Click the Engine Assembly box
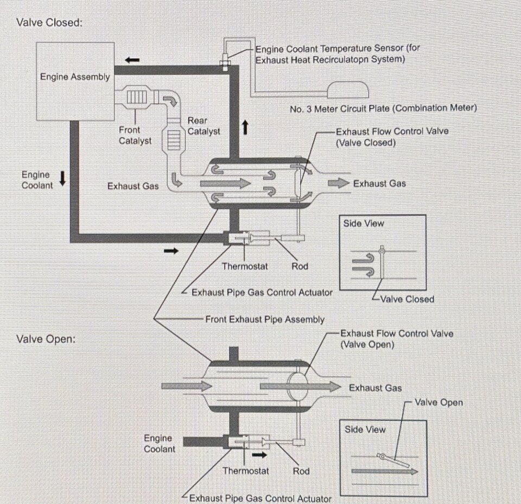(75, 81)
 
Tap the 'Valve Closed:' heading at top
(49, 23)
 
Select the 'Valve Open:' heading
(46, 339)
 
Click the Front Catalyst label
(135, 135)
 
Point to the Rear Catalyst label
(204, 126)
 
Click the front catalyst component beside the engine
(136, 97)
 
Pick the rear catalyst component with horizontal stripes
(174, 140)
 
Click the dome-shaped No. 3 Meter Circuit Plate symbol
(348, 90)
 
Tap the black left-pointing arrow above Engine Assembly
(132, 60)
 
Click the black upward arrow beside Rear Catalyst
(245, 127)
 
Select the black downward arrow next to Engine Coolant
(62, 179)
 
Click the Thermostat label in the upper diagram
(245, 266)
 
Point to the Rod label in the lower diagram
(301, 471)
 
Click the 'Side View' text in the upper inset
(364, 223)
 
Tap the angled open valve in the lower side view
(393, 461)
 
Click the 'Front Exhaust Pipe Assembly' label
(265, 319)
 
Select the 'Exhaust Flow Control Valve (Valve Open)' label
(397, 339)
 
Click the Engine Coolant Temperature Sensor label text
(338, 54)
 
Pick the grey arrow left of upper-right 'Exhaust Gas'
(339, 183)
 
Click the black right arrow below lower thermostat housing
(259, 455)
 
